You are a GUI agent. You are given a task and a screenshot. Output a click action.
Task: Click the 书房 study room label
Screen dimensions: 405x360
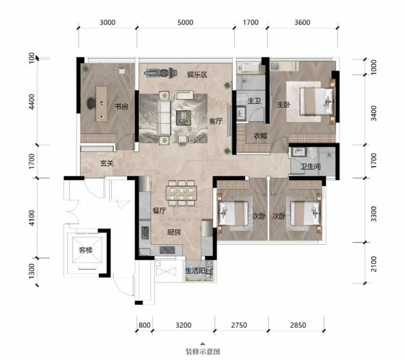122,106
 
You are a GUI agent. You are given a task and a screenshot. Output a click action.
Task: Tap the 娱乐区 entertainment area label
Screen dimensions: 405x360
197,75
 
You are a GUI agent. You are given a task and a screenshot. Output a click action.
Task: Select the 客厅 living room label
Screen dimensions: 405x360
216,121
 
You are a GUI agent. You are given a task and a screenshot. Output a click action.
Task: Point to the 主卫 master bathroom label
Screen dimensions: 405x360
254,101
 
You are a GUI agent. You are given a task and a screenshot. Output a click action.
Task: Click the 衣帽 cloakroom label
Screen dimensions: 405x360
260,135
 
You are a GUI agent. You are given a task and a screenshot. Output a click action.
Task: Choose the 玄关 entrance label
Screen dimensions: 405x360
107,163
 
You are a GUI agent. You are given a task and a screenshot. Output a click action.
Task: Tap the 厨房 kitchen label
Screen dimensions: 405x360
174,232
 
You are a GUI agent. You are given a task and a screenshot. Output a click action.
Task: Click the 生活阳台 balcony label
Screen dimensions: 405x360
199,271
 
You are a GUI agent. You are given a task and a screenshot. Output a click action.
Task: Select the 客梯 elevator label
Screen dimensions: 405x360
86,250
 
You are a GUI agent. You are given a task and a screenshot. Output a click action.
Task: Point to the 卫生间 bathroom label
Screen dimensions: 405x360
311,167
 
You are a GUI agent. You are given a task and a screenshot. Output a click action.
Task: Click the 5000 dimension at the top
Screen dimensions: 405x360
185,23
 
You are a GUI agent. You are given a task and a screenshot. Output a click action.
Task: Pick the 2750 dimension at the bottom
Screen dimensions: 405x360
239,325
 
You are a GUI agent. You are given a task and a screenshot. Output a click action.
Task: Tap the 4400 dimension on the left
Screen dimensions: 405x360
31,102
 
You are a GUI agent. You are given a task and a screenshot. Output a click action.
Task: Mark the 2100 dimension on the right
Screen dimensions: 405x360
374,264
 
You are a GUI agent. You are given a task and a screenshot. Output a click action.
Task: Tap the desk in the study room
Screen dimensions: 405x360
101,104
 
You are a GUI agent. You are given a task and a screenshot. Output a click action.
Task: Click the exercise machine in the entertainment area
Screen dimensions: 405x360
161,73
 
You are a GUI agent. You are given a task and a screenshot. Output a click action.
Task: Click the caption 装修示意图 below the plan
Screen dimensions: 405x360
203,352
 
